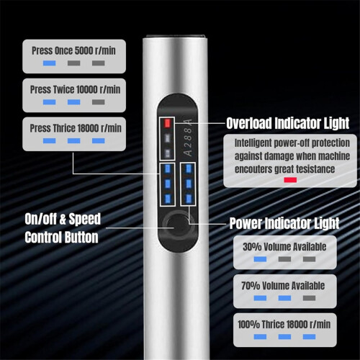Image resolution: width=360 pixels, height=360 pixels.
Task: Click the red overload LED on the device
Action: point(167,123)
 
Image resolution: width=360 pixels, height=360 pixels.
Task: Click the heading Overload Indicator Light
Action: point(287,123)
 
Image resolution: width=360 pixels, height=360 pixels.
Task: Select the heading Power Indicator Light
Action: point(284,223)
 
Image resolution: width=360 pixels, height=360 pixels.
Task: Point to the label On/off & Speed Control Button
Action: point(63,228)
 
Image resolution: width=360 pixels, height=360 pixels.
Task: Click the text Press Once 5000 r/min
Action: point(73,50)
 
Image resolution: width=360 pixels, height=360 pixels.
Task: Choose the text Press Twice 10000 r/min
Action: point(75,89)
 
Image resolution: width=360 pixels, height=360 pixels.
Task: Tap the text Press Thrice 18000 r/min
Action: point(76,128)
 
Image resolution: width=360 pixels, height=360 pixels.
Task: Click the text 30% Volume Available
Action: point(284,247)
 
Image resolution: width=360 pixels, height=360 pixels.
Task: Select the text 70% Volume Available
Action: point(283,286)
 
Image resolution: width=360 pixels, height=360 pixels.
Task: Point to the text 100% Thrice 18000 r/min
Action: point(284,325)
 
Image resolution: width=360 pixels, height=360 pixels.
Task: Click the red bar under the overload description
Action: point(290,180)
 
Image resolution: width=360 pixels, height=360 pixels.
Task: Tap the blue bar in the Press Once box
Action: point(50,63)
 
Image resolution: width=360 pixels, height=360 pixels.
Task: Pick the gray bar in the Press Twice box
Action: point(99,102)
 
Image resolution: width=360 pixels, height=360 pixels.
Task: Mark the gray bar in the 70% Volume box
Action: point(309,298)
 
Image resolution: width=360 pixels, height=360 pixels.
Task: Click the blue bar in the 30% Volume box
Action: point(260,259)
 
